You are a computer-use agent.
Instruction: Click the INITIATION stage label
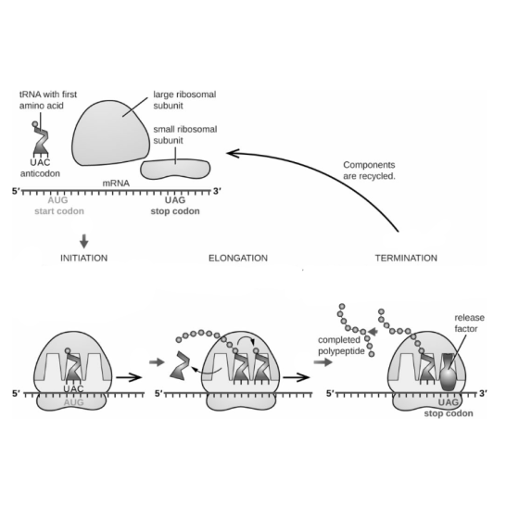click(x=83, y=258)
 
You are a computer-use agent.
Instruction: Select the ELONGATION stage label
click(x=238, y=258)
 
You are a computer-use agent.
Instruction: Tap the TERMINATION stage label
click(x=406, y=258)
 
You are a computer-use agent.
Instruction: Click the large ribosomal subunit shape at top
click(x=110, y=133)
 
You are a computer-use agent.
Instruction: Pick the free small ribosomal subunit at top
click(x=175, y=169)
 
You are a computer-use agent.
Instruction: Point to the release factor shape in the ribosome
click(x=449, y=372)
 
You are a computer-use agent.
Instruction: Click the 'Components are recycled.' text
click(x=369, y=171)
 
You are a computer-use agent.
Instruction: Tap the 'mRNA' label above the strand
click(x=116, y=184)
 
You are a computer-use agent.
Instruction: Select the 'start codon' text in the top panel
click(x=59, y=211)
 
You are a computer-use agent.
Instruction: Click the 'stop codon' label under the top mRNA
click(x=175, y=211)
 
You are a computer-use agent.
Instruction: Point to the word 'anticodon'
click(x=40, y=173)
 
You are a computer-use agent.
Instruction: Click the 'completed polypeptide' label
click(x=341, y=345)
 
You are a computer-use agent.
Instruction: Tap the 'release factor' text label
click(x=469, y=323)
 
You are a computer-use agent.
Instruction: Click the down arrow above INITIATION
click(x=84, y=241)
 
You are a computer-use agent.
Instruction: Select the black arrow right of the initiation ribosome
click(x=129, y=377)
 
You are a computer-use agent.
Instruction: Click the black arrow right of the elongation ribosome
click(x=297, y=377)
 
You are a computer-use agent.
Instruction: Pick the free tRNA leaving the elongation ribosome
click(x=180, y=365)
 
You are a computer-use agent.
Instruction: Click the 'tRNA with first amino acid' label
click(x=48, y=100)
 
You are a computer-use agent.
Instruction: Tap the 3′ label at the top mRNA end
click(x=217, y=191)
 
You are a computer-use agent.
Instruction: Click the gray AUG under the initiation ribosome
click(x=73, y=402)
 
